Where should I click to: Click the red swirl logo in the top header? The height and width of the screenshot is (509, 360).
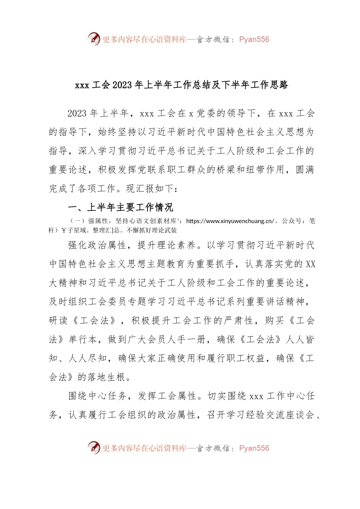(x=94, y=39)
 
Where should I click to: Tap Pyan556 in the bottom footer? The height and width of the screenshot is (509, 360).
(x=254, y=448)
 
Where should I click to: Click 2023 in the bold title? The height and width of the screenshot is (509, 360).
(x=122, y=85)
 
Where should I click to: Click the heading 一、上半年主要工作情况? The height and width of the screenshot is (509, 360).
(x=120, y=207)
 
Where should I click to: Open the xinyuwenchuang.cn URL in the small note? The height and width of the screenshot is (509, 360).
(x=230, y=221)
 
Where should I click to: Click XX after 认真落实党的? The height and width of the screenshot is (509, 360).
(x=310, y=264)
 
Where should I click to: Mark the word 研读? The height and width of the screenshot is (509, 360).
(x=58, y=321)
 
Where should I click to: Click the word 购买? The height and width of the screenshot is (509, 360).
(x=274, y=321)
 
